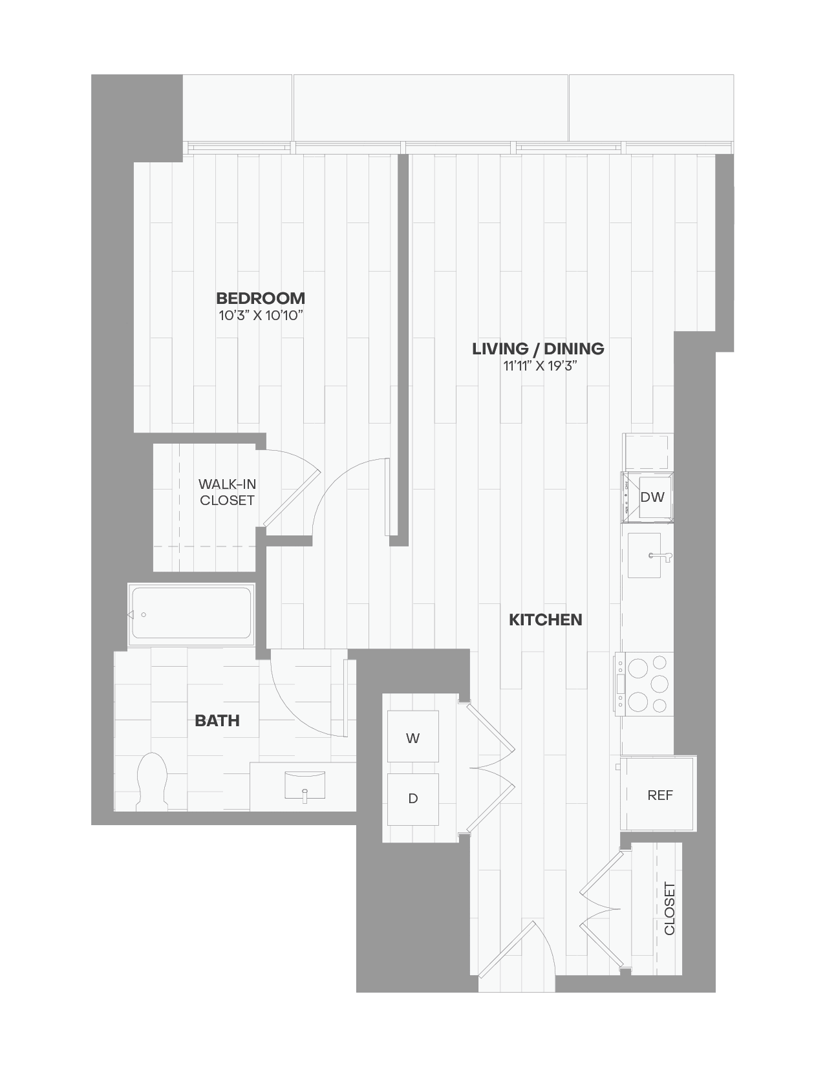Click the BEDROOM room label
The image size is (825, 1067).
261,298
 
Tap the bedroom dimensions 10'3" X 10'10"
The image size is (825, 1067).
261,316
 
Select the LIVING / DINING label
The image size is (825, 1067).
538,349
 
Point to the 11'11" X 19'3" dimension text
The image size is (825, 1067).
540,366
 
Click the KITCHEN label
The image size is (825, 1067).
545,620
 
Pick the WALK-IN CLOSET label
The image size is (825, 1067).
227,492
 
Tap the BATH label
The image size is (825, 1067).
217,720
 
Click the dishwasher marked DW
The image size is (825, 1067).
652,497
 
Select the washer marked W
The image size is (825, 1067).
412,738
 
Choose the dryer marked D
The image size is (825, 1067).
412,799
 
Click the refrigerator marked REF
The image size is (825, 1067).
659,795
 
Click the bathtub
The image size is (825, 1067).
191,613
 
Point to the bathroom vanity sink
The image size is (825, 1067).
305,784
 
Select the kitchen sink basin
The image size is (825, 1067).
644,555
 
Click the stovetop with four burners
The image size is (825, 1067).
645,684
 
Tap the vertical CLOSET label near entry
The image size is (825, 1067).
669,908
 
